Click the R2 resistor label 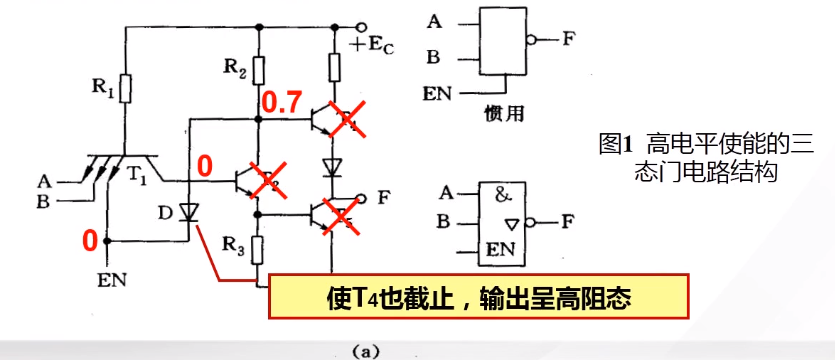(232, 68)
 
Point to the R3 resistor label (232, 243)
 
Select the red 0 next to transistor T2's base (206, 166)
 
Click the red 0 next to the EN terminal (90, 241)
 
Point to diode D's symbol (189, 212)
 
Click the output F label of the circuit (383, 196)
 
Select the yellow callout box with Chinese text (478, 298)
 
